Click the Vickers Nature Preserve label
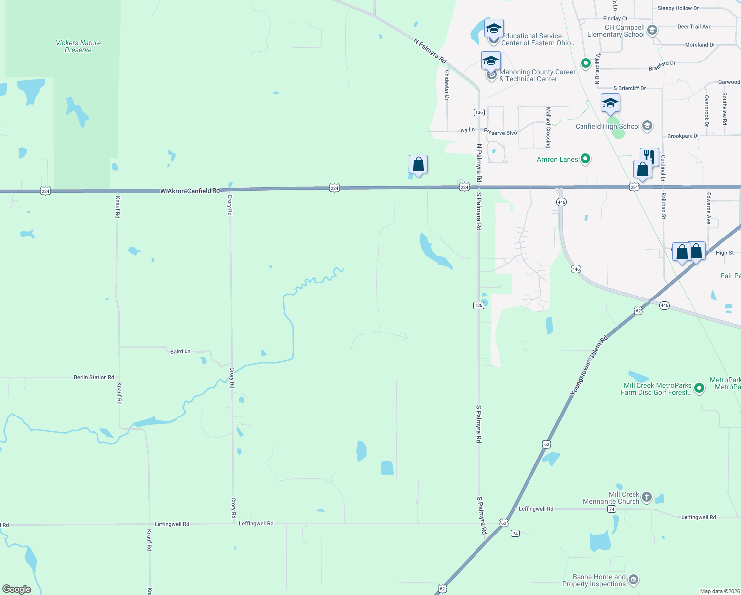[x=78, y=46]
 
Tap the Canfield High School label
[x=607, y=126]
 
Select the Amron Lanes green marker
[x=585, y=159]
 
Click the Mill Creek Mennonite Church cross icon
[x=646, y=497]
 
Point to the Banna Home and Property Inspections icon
[x=634, y=580]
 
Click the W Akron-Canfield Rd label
[x=190, y=191]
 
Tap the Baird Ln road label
[x=180, y=351]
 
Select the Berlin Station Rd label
[x=94, y=377]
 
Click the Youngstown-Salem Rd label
[x=588, y=366]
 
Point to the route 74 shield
[x=515, y=533]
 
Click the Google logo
[x=17, y=589]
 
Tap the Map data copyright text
[x=719, y=591]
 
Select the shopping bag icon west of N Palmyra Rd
[x=418, y=164]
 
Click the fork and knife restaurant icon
[x=649, y=157]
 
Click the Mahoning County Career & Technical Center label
[x=537, y=75]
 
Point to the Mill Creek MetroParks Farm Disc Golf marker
[x=699, y=388]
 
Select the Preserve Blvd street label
[x=501, y=132]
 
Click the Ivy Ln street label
[x=467, y=130]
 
